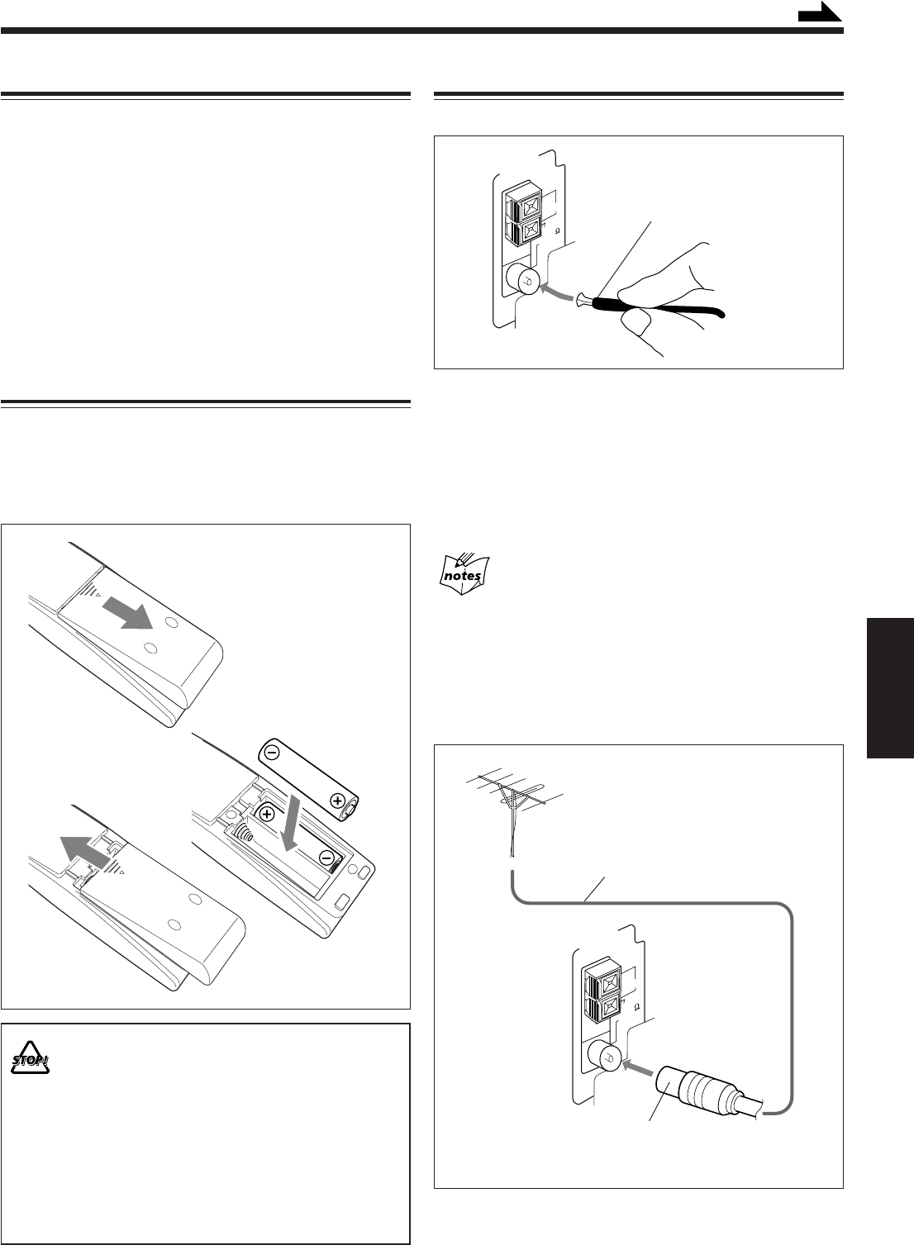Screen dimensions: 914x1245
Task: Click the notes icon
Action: pos(462,573)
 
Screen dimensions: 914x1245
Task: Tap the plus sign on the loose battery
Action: pos(336,800)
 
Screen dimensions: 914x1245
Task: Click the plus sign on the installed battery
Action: pos(266,814)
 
